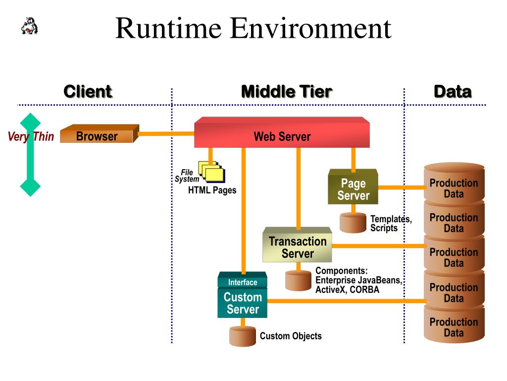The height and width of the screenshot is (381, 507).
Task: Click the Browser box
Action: [100, 133]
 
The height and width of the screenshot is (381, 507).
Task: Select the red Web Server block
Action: [282, 132]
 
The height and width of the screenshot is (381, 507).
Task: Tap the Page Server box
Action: [353, 187]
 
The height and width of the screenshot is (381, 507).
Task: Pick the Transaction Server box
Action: [297, 245]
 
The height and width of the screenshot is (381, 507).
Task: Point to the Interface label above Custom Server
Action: [243, 282]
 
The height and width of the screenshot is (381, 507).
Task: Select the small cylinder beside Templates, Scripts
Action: [353, 223]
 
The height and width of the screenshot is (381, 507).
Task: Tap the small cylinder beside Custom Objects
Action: [243, 336]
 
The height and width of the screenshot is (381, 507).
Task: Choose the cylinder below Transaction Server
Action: [298, 281]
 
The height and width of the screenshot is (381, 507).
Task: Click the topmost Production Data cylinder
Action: [454, 184]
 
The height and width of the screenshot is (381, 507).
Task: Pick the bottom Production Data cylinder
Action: [454, 324]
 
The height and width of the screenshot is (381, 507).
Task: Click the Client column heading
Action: [88, 91]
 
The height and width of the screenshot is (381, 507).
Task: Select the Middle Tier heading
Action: [287, 91]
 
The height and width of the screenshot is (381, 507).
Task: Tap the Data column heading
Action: [453, 91]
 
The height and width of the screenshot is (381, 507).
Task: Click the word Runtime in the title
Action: [168, 28]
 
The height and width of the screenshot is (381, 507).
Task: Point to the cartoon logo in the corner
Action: [29, 26]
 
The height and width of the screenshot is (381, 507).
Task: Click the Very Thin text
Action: [31, 136]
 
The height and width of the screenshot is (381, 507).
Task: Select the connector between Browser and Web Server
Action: [166, 133]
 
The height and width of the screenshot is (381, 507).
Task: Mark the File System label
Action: [187, 176]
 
